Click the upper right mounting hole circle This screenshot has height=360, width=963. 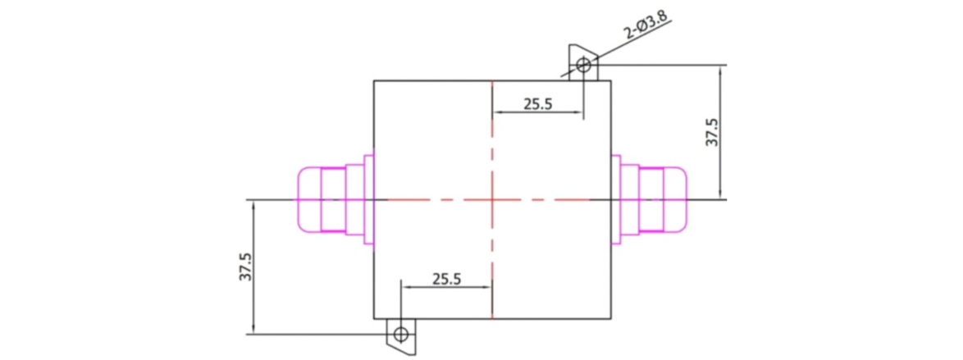coord(582,64)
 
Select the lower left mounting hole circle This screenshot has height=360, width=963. coord(400,334)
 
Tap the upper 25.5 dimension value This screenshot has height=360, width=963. coord(536,104)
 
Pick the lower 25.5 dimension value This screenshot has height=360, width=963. coord(446,279)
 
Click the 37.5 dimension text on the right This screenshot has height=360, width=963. coord(712,133)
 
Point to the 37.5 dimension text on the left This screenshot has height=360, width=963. coord(245,267)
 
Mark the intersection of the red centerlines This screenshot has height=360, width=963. coord(491,199)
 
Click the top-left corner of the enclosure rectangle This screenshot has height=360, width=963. coord(374,80)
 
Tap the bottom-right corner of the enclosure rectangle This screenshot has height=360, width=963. coord(612,318)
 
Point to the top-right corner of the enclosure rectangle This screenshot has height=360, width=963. coord(612,80)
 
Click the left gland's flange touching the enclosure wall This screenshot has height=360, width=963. coord(368,199)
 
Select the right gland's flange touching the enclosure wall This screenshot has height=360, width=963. coord(617,199)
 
